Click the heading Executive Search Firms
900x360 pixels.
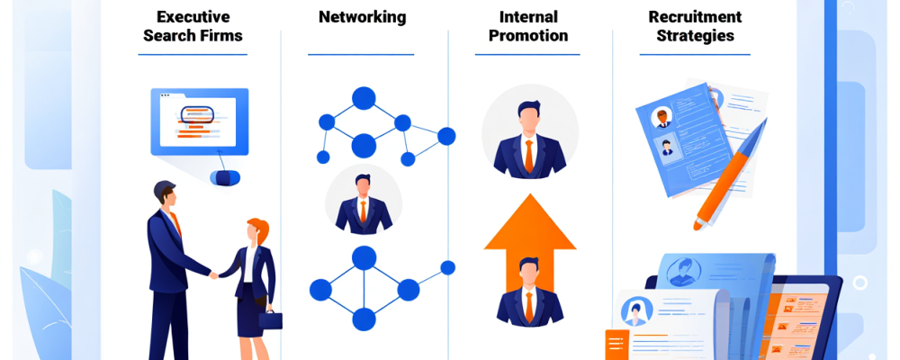point(192,26)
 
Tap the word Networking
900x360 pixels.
point(362,17)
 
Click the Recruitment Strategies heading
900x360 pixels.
point(695,26)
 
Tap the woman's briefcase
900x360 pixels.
point(270,319)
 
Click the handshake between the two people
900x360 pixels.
point(214,274)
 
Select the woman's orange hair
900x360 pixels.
point(258,229)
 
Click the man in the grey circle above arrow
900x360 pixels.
point(529,135)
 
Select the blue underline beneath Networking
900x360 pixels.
point(362,55)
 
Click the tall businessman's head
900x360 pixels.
point(165,193)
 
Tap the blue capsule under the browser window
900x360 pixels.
point(224,177)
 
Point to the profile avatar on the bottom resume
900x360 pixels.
point(635,310)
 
